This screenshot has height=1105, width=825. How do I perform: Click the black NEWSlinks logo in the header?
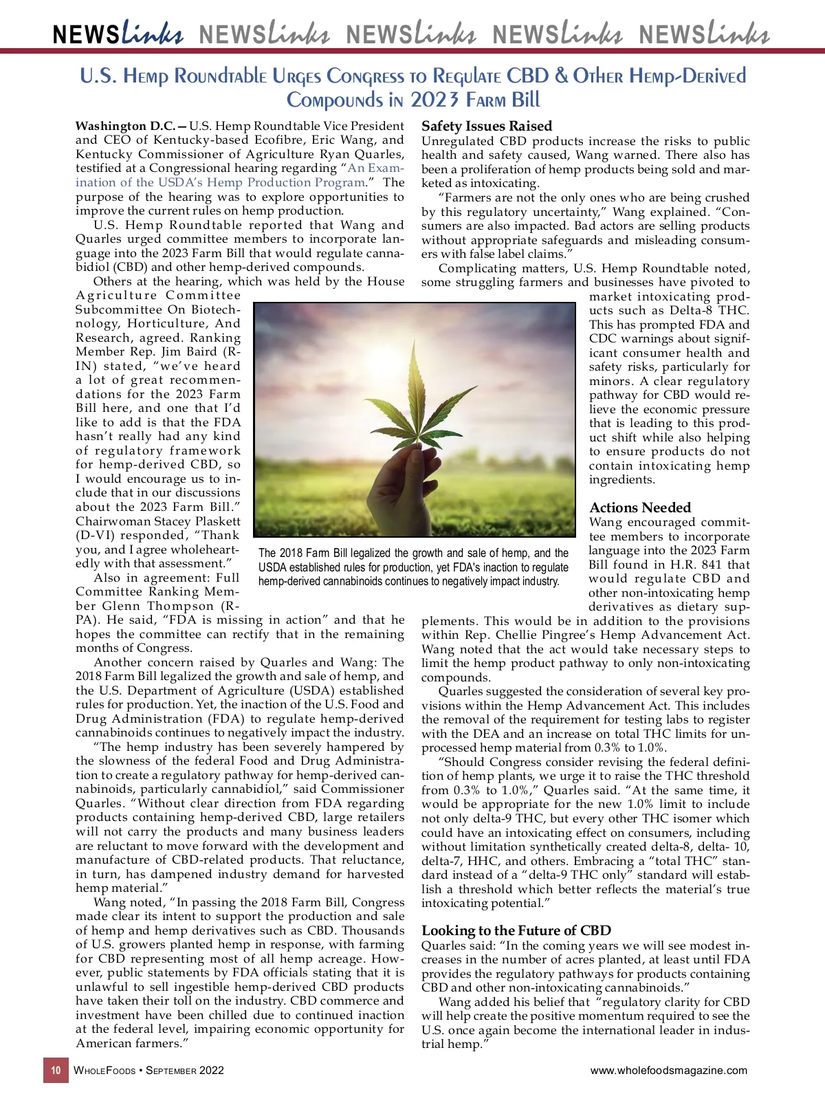coord(118,34)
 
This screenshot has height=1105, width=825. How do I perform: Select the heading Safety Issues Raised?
coord(487,126)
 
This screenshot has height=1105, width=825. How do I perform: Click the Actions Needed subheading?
coord(640,507)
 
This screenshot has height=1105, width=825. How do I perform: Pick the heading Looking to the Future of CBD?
coord(516,930)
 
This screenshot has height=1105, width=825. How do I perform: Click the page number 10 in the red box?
coord(56,1070)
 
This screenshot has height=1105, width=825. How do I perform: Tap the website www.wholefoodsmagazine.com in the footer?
coord(668,1070)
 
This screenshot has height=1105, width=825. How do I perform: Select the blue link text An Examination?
coord(376,168)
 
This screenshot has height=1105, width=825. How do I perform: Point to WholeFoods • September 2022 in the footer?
coord(148,1070)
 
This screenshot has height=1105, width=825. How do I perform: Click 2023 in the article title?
coord(434,100)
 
